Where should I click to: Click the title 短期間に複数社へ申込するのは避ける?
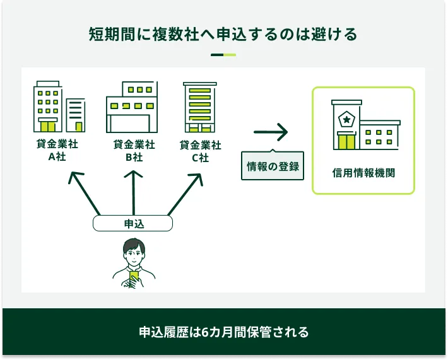pos(223,34)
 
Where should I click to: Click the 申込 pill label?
pos(133,223)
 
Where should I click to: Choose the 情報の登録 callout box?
pos(273,166)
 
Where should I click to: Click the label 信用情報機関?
pos(363,172)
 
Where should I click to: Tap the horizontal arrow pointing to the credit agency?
pos(271,132)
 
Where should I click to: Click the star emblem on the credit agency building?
pos(346,119)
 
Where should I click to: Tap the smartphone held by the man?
pos(134,276)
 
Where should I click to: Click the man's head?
pos(134,251)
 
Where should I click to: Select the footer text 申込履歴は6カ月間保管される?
pos(223,332)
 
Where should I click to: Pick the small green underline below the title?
pos(223,55)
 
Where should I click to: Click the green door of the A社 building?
pos(47,125)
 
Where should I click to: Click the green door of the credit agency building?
pos(346,142)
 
